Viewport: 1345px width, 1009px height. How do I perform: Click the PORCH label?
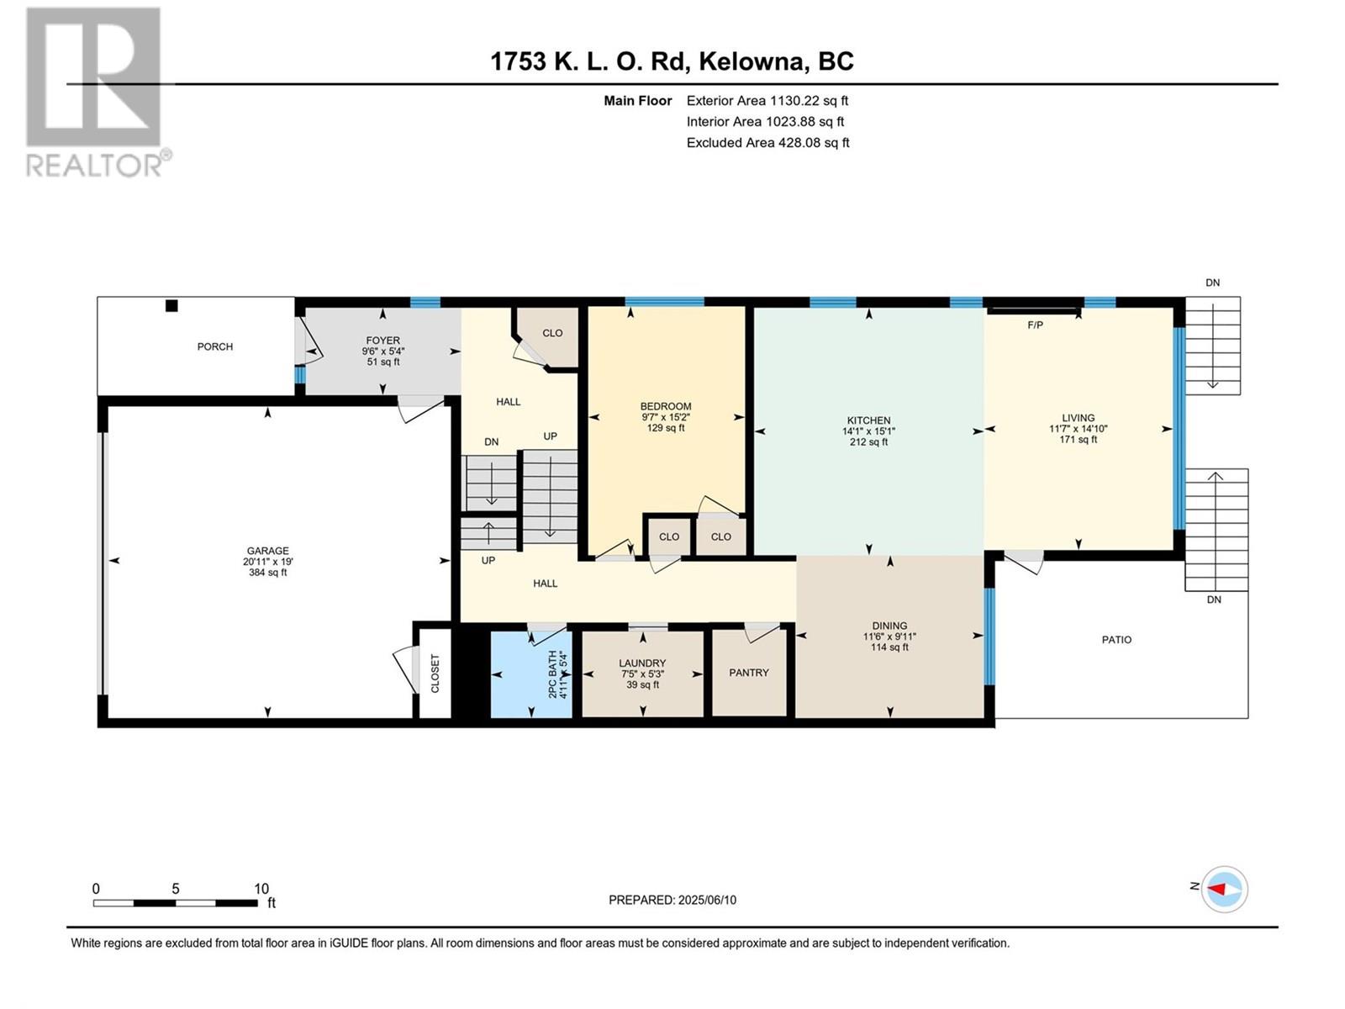pos(214,346)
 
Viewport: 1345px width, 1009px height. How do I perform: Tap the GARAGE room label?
pos(268,551)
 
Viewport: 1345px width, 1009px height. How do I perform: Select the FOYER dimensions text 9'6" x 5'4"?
pos(383,351)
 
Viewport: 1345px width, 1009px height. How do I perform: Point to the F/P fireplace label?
pos(1035,325)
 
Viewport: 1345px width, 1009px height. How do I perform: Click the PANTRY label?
pos(749,673)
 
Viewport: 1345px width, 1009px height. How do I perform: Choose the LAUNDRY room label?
pos(642,663)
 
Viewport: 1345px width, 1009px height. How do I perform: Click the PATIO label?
pos(1116,640)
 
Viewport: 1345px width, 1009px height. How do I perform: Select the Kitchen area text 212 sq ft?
pos(868,442)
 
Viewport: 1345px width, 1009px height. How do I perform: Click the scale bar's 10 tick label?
pos(261,888)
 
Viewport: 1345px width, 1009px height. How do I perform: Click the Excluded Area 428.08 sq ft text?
pos(767,143)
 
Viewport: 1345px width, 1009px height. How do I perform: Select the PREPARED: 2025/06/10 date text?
pos(672,900)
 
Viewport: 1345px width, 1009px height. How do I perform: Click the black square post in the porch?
pos(171,306)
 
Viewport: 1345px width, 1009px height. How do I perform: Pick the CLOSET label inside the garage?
pos(435,674)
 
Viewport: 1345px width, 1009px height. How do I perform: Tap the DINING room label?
pos(889,626)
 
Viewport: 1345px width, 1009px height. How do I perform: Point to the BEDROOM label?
pos(666,406)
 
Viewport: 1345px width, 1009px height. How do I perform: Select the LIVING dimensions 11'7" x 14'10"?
pos(1078,429)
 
